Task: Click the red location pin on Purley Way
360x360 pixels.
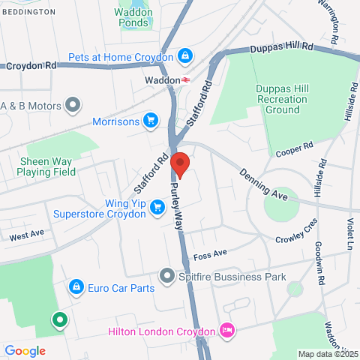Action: click(180, 163)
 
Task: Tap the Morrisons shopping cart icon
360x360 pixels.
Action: click(150, 120)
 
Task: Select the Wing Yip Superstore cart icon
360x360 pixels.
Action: click(157, 207)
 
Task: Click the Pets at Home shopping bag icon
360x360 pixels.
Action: click(184, 56)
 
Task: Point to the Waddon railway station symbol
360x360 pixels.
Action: click(184, 79)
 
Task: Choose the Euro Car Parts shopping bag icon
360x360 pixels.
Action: click(76, 287)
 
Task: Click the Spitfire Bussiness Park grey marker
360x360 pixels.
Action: click(166, 277)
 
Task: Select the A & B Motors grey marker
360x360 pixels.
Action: click(73, 104)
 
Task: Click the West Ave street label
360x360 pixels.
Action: click(27, 235)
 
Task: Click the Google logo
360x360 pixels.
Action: click(25, 350)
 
